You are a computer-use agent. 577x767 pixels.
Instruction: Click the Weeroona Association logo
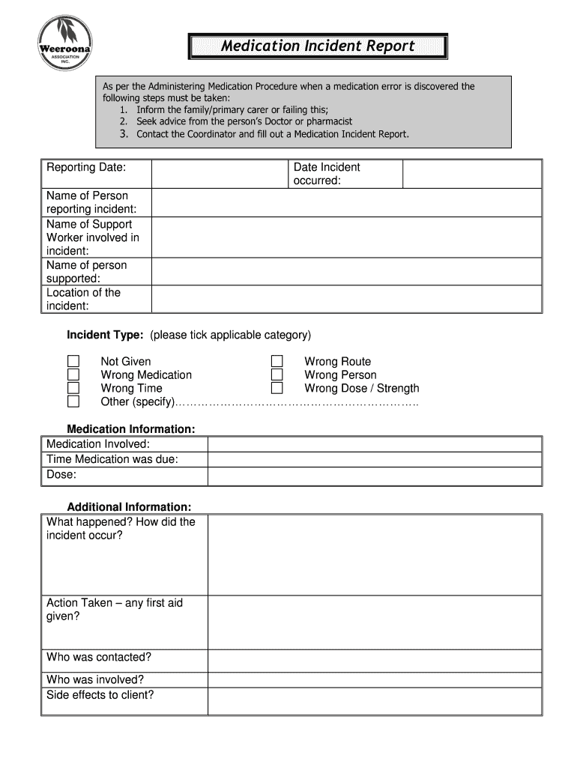(x=65, y=43)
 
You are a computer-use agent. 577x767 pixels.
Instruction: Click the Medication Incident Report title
(x=318, y=46)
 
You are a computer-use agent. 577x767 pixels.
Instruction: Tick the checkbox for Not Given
(x=73, y=362)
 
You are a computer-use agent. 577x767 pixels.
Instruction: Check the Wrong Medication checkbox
(x=73, y=375)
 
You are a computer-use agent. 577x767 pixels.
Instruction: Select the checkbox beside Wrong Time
(x=73, y=388)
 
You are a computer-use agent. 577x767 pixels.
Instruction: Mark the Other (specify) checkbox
(x=73, y=401)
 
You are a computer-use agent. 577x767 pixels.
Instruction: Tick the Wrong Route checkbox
(x=277, y=362)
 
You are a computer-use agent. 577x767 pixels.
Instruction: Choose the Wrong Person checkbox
(x=277, y=375)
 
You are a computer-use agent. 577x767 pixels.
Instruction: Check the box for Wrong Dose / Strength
(x=277, y=388)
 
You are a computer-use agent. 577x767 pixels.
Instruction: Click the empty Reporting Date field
(x=220, y=174)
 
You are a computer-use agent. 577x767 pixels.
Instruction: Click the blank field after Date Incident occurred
(x=471, y=174)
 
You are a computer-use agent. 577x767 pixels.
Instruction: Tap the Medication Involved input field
(x=374, y=444)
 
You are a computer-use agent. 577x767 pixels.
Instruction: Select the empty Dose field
(x=374, y=477)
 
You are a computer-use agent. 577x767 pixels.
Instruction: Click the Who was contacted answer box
(x=374, y=660)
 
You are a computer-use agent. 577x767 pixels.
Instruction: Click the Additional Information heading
(x=129, y=507)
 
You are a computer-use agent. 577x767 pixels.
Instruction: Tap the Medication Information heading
(x=131, y=429)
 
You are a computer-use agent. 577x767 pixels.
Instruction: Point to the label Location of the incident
(x=83, y=299)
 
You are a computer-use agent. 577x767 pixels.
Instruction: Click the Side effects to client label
(x=100, y=695)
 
